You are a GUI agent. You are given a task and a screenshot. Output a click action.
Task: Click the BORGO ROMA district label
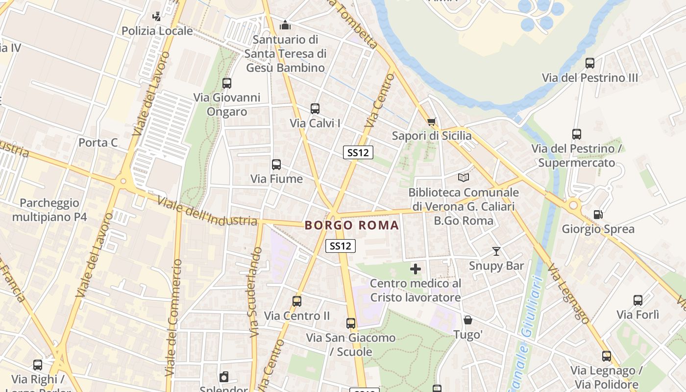(x=352, y=225)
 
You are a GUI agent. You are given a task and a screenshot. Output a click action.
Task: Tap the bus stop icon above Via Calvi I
(x=315, y=109)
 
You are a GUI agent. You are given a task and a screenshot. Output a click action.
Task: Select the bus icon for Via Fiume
(x=276, y=165)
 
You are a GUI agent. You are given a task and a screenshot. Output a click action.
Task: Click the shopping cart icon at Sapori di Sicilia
(x=431, y=122)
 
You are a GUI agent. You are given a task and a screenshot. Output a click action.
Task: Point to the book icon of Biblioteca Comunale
(x=463, y=177)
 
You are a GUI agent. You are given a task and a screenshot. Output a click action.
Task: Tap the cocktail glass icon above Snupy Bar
(x=496, y=251)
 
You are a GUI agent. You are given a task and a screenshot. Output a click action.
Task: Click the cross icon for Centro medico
(x=416, y=269)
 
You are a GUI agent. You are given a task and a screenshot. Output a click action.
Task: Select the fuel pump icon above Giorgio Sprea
(x=598, y=215)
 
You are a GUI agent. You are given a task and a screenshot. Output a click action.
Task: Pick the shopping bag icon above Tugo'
(x=468, y=320)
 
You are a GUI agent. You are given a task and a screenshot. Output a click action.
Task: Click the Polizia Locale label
(x=157, y=31)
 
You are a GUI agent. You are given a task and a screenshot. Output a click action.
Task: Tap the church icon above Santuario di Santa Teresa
(x=285, y=24)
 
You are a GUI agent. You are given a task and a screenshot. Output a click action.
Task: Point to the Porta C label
(x=98, y=143)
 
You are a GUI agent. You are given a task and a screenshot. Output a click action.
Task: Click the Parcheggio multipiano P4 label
(x=49, y=210)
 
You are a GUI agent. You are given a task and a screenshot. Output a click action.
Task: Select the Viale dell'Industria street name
(x=207, y=211)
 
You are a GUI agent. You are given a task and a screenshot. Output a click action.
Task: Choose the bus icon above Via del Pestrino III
(x=590, y=63)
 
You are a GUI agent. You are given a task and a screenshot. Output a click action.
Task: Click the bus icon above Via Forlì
(x=637, y=300)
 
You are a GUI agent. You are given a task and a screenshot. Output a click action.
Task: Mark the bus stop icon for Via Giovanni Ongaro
(x=226, y=83)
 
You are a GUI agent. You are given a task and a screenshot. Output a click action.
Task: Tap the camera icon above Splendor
(x=224, y=377)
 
